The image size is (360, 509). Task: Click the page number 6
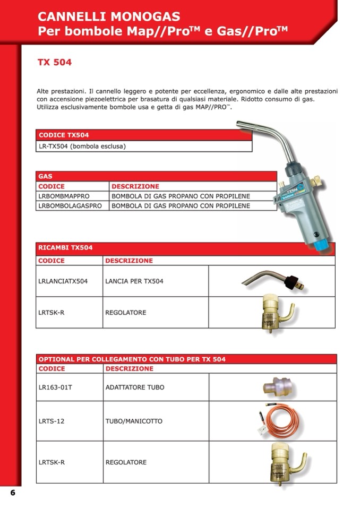[13, 493]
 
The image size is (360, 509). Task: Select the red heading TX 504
[54, 63]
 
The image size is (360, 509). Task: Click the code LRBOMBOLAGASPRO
[70, 205]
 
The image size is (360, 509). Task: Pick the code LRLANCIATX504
[63, 281]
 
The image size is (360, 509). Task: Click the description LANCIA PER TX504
[134, 281]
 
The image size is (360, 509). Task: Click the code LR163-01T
[55, 387]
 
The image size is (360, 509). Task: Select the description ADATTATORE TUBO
[135, 387]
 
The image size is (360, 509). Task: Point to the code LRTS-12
[52, 421]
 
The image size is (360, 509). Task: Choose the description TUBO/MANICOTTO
[134, 421]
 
